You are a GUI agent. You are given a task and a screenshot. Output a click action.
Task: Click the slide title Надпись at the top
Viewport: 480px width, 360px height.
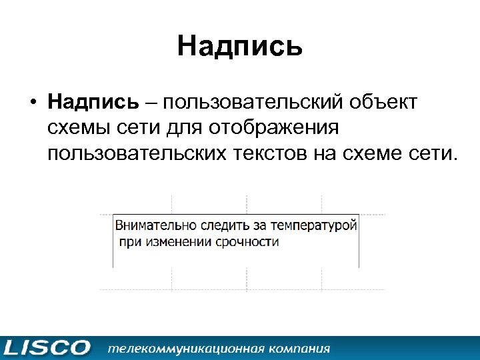pos(240,47)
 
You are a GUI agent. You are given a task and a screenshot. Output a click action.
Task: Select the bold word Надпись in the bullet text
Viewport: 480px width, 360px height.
pos(93,103)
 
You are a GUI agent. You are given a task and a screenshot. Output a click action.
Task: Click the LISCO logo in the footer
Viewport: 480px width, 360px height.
pos(47,347)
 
